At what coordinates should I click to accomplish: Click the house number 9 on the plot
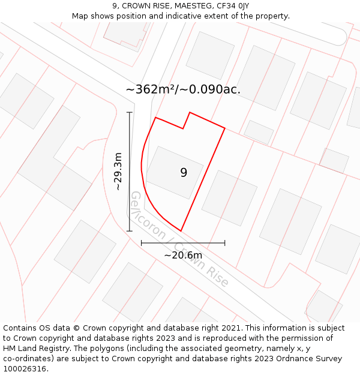point(184,173)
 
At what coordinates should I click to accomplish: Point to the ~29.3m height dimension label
point(118,172)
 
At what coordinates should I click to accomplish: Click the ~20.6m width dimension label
point(183,255)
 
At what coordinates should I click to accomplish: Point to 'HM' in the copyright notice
point(10,349)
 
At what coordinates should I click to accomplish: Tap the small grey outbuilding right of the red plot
point(259,132)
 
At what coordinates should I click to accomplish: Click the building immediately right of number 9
point(229,198)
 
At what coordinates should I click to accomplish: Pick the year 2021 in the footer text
point(230,328)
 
